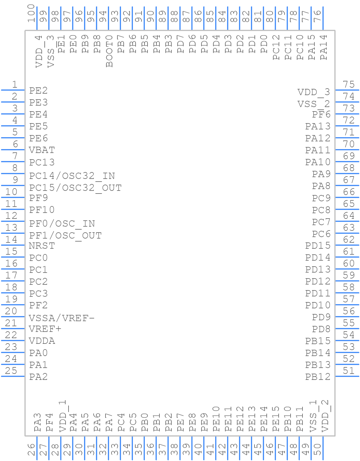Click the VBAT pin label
tap(42, 150)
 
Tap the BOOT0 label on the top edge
tap(109, 51)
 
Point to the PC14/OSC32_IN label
tap(72, 176)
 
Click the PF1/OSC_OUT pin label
tap(65, 236)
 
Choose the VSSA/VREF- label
tap(61, 318)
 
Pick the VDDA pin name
tap(42, 341)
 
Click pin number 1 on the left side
tap(14, 85)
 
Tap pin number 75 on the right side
tap(348, 85)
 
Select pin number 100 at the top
tap(31, 14)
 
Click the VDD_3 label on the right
tap(314, 92)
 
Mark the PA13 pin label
tap(318, 126)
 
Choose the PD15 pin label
tap(318, 246)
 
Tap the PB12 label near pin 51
tap(318, 377)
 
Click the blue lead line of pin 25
tap(13, 376)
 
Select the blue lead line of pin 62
tap(347, 245)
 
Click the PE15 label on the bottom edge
tap(276, 419)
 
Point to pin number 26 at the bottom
tap(31, 449)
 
